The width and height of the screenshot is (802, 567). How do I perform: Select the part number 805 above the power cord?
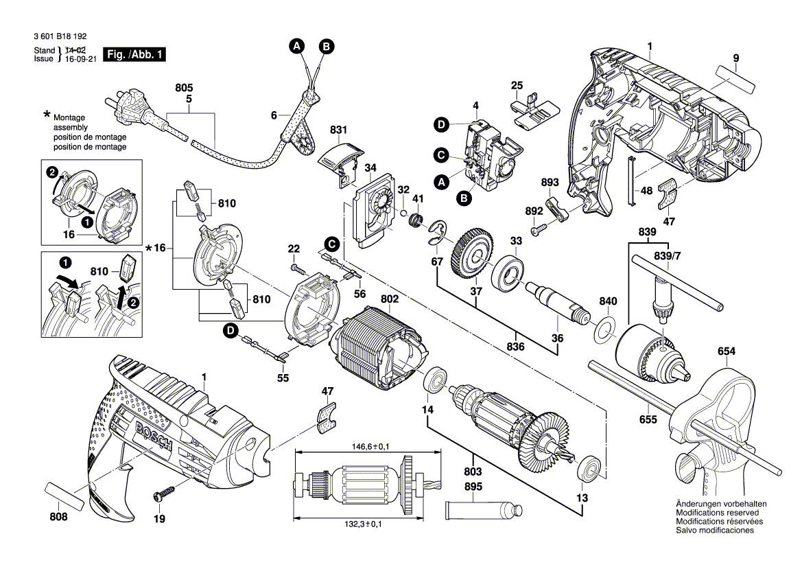[184, 89]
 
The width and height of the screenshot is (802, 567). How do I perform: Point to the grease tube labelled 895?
[484, 510]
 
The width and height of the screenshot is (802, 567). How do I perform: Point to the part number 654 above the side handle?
[727, 351]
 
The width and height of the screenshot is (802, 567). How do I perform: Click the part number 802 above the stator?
[389, 299]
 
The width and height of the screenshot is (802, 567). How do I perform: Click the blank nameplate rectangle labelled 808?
[67, 496]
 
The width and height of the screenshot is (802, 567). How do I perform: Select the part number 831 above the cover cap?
[338, 128]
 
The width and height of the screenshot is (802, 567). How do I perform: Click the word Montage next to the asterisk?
[69, 118]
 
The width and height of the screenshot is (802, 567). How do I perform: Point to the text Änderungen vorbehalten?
[720, 504]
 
